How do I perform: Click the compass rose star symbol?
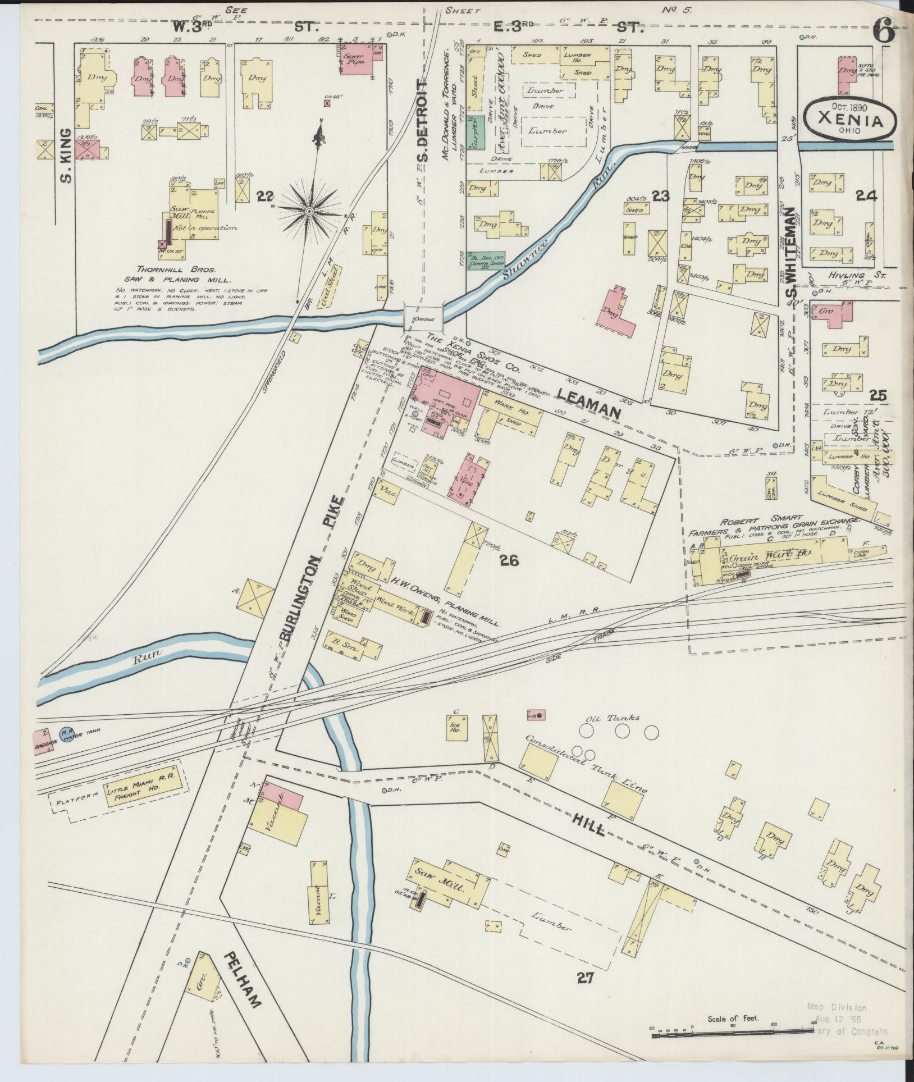tap(309, 211)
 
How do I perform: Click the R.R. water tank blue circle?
tap(67, 733)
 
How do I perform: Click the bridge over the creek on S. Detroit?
tap(424, 318)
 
